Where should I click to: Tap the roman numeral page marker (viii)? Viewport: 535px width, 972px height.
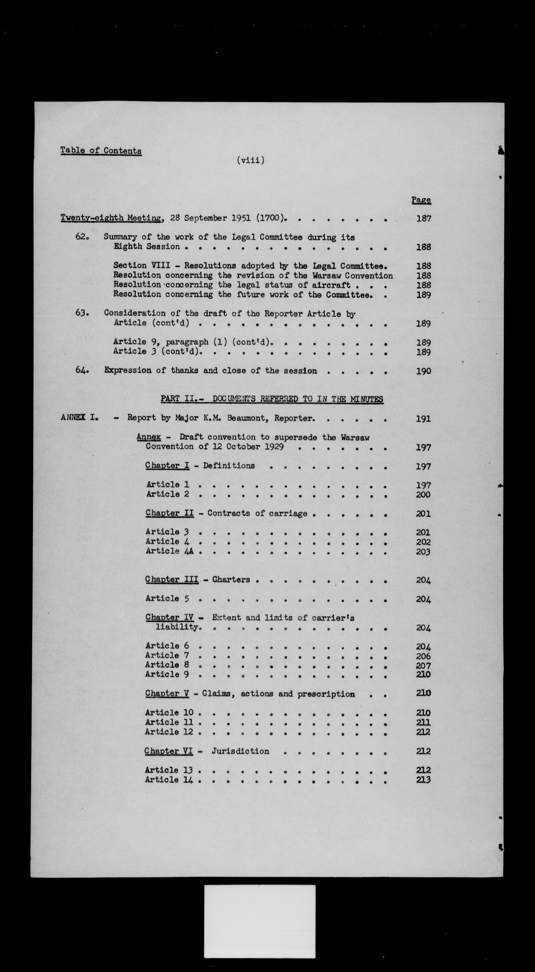click(251, 160)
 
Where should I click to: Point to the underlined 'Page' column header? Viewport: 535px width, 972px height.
click(421, 200)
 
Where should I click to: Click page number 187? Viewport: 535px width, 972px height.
click(423, 218)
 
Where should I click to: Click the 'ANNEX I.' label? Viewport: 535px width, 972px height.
click(79, 418)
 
